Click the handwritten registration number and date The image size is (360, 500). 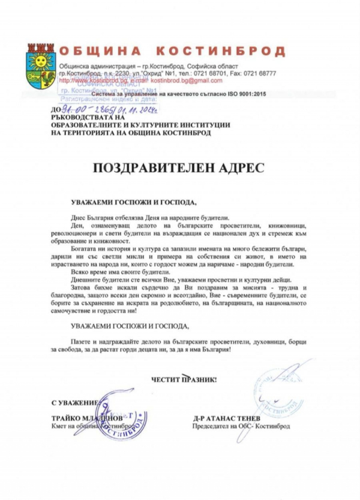tap(105, 110)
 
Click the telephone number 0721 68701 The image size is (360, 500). tap(216, 73)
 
